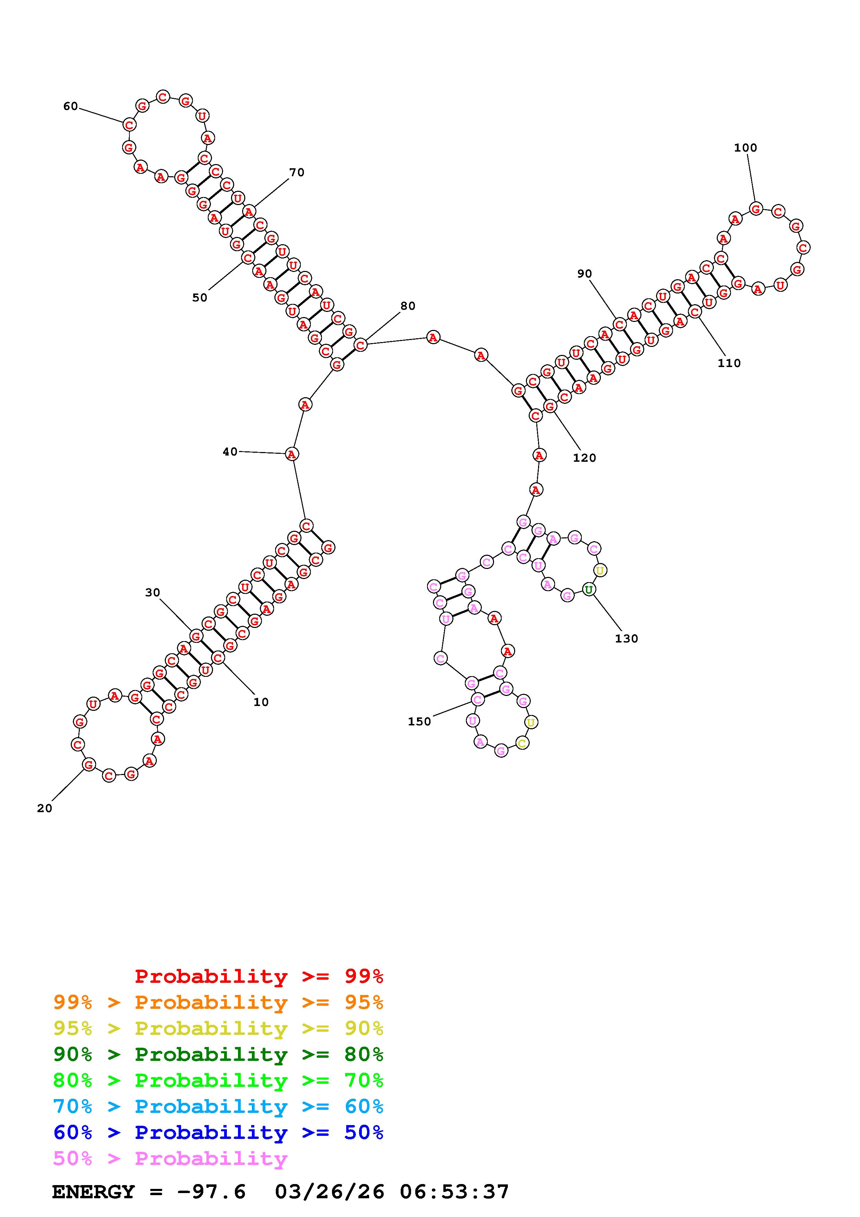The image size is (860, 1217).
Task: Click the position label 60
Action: [70, 107]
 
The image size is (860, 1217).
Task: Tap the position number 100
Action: [745, 148]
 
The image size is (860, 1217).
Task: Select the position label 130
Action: [626, 639]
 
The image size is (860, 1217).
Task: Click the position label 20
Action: [44, 808]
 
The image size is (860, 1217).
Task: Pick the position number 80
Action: [408, 306]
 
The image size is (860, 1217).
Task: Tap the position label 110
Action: [729, 363]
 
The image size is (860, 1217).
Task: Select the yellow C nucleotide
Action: [522, 743]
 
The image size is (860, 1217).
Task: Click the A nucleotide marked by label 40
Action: [291, 454]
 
